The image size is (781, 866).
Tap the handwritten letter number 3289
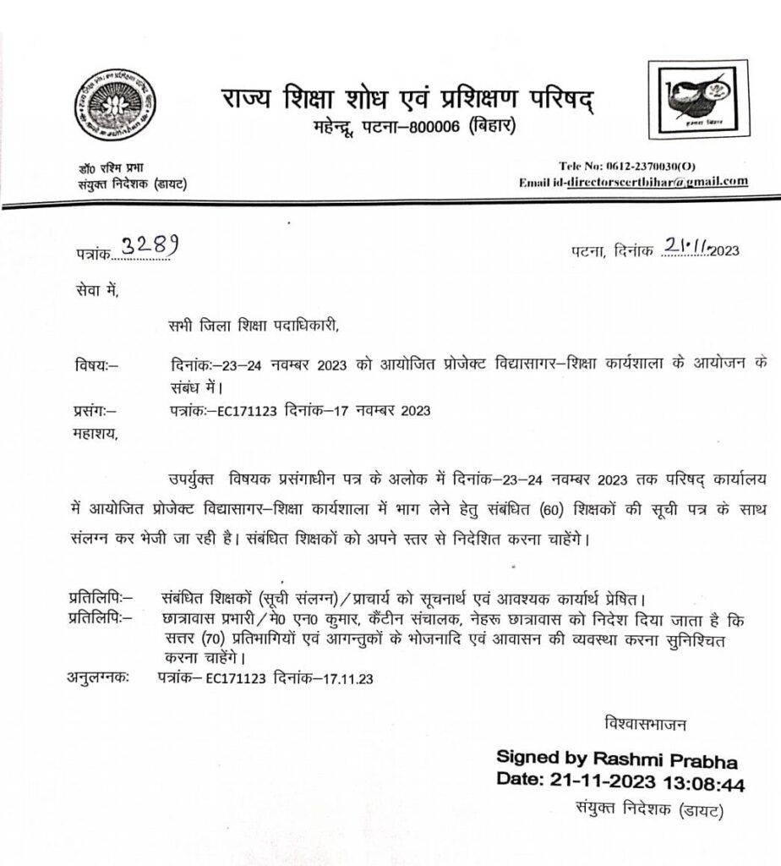(x=150, y=245)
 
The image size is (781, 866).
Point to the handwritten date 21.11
(x=685, y=246)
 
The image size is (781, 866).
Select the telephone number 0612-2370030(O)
(x=648, y=167)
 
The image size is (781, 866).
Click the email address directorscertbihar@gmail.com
(x=658, y=182)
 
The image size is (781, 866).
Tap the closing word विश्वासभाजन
(x=646, y=724)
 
